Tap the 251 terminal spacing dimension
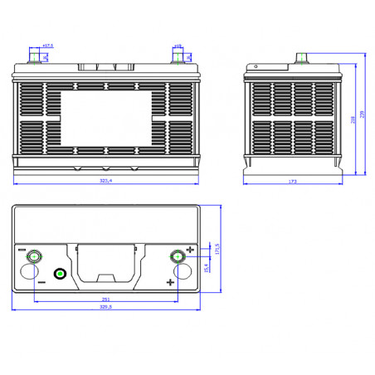[x=105, y=298]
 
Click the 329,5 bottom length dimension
[x=105, y=305]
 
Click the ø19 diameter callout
[x=178, y=46]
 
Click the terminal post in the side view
[x=303, y=59]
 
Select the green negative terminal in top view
[x=34, y=256]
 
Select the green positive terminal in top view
[x=177, y=256]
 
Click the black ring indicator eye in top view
[x=60, y=275]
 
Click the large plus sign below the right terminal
[x=171, y=284]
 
